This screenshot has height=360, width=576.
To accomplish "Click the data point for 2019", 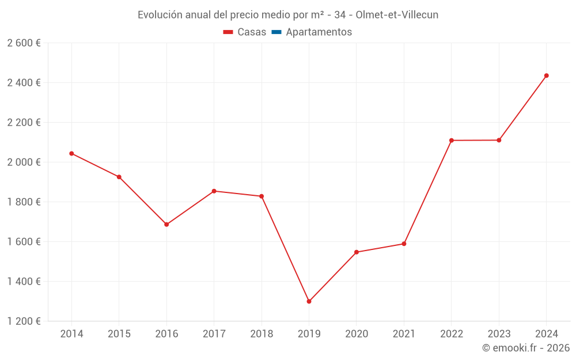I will click(309, 301).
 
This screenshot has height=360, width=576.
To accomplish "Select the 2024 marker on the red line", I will click(546, 75).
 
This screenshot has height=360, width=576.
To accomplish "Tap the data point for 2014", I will click(71, 153).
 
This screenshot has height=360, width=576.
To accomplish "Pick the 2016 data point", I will click(166, 225).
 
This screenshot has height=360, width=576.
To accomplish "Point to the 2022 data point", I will click(452, 141).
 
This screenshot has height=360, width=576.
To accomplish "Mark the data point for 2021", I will click(404, 244).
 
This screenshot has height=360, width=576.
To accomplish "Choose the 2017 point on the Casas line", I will click(214, 191).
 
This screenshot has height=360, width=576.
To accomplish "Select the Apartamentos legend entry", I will click(319, 32).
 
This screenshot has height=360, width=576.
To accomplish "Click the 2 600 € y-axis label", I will click(24, 43).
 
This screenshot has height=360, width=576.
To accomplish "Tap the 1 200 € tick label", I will click(24, 321).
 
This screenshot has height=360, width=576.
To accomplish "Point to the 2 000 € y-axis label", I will click(24, 162).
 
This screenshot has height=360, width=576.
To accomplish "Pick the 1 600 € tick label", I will click(24, 242).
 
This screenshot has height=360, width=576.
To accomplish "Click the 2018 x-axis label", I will click(262, 334).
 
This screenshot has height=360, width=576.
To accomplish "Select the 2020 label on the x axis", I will click(357, 334).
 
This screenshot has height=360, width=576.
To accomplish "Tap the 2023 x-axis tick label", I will click(499, 334).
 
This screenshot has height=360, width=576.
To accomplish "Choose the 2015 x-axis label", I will click(119, 334).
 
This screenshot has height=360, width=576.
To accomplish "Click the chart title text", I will click(288, 15).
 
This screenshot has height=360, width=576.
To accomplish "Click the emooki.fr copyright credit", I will click(525, 348).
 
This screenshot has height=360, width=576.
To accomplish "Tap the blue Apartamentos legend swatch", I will click(276, 32).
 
